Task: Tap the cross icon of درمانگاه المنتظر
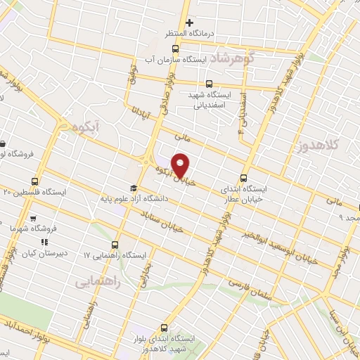tap(189, 22)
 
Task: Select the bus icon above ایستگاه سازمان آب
tap(175, 49)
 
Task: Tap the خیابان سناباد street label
tap(162, 220)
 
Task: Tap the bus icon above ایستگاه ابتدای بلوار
tap(164, 328)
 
